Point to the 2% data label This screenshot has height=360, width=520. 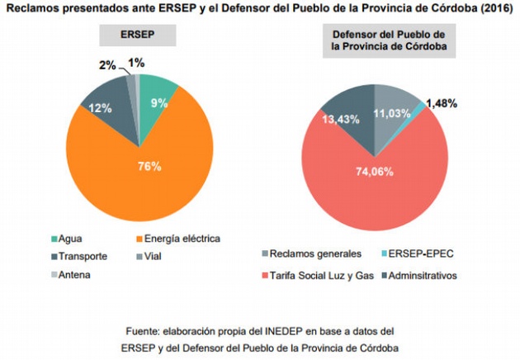[x=106, y=64]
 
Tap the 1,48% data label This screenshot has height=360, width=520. [x=448, y=104]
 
